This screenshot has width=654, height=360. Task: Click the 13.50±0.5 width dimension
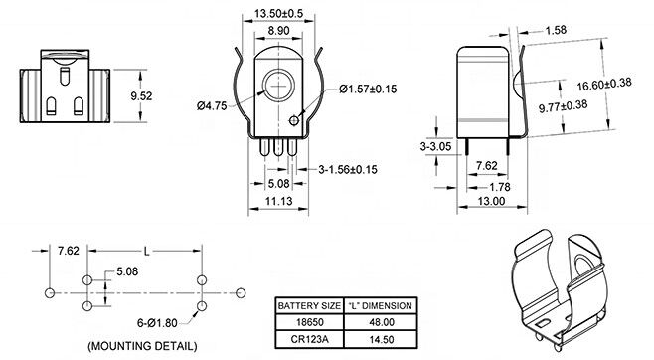tap(278, 13)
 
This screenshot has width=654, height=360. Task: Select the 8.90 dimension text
tap(278, 31)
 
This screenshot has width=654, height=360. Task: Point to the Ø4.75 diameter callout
tap(212, 106)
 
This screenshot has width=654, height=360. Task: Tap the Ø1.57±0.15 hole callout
tap(368, 89)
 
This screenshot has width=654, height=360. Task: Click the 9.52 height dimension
tap(141, 96)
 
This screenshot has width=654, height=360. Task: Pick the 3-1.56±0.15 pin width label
tap(348, 169)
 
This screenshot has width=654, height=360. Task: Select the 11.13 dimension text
tap(279, 201)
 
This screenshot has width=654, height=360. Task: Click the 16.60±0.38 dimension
tap(604, 84)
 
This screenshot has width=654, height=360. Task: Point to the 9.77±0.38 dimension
tap(564, 106)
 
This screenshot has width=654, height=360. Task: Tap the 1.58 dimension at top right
tap(556, 30)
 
